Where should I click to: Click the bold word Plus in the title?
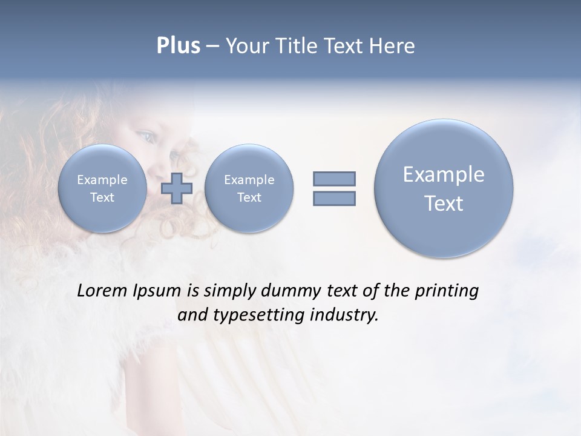(x=178, y=46)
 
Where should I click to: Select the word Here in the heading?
(x=392, y=46)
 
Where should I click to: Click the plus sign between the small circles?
(x=177, y=188)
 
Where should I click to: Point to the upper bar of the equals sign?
(x=334, y=179)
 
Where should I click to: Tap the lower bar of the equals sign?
(x=334, y=198)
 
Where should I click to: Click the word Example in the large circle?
(x=444, y=174)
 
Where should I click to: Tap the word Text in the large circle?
(x=444, y=203)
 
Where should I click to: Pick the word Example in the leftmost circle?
(x=102, y=180)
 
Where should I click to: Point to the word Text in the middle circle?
(x=249, y=197)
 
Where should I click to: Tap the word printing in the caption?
(x=446, y=291)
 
